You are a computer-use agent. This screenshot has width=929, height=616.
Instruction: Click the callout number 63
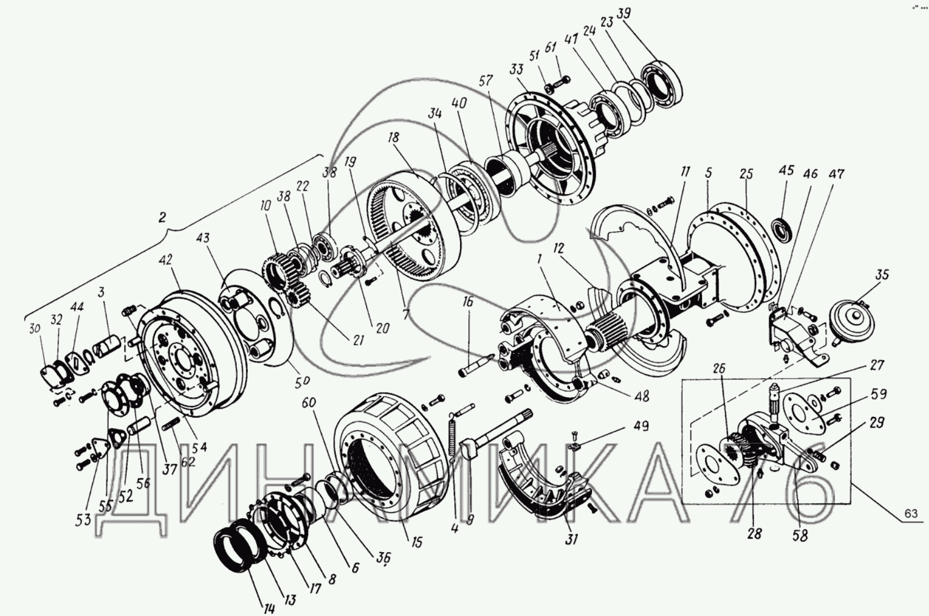tap(911, 514)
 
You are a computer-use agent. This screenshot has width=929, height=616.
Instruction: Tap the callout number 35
tap(882, 275)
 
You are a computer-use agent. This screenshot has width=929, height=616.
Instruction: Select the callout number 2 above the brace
tap(162, 216)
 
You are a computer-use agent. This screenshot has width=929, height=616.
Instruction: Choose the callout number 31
tap(572, 540)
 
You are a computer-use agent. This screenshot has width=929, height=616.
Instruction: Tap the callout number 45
tap(786, 170)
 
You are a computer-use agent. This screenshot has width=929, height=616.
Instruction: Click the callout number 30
tap(34, 329)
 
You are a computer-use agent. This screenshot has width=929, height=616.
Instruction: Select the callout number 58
tap(800, 535)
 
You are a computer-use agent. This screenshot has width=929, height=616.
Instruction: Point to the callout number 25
tap(746, 174)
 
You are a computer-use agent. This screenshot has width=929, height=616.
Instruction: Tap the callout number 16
tap(468, 301)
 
